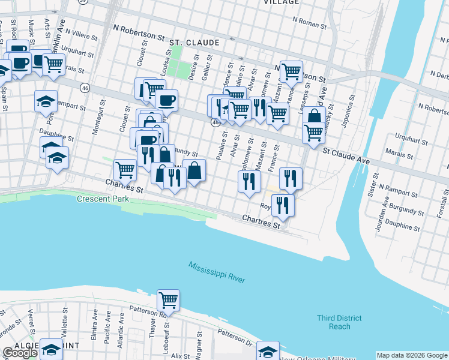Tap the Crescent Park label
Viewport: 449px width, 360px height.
coord(99,199)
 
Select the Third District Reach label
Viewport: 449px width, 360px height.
coord(340,322)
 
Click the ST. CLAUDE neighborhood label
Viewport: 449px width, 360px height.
coord(194,43)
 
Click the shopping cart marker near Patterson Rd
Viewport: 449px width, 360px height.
coord(169,301)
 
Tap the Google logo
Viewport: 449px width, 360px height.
coord(20,353)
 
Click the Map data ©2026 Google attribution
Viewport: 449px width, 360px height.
coord(412,355)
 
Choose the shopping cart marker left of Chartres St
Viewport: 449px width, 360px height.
coord(125,170)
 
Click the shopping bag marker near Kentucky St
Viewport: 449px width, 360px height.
coord(314,116)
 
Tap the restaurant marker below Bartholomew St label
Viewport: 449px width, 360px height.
coord(249,181)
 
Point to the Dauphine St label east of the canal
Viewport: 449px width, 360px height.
coord(402,227)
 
